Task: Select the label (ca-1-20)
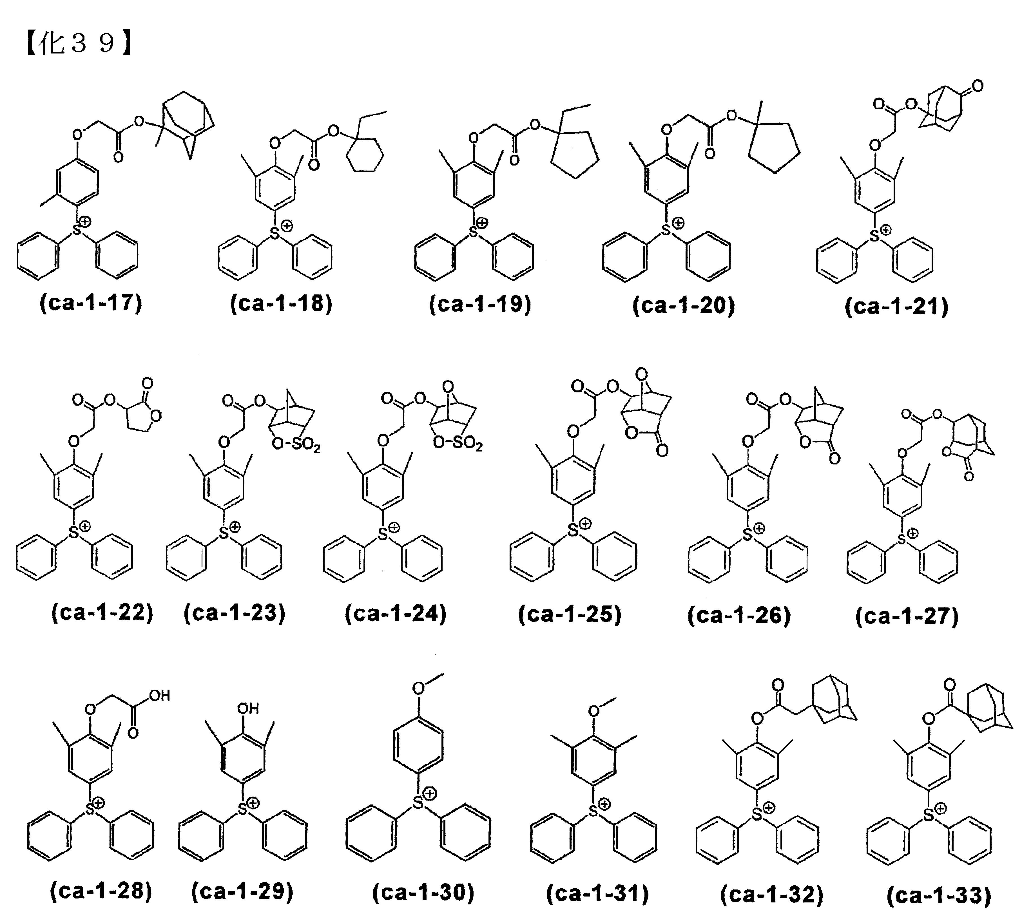point(684,305)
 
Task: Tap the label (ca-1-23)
point(235,613)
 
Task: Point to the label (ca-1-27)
point(907,616)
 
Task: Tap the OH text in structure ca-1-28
point(160,696)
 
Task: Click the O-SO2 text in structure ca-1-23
point(296,444)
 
